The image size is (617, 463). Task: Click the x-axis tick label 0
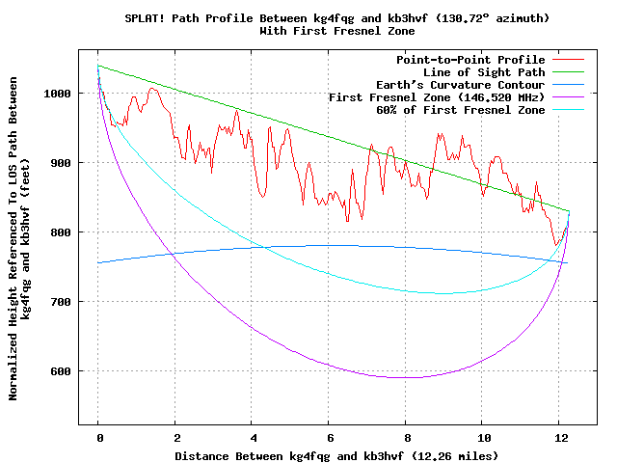click(x=98, y=437)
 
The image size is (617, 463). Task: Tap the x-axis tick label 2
click(x=175, y=437)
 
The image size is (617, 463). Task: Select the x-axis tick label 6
click(x=330, y=437)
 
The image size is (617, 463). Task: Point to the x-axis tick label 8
click(x=407, y=437)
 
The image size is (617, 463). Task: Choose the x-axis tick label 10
click(x=484, y=437)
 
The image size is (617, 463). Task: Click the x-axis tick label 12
click(x=561, y=437)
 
